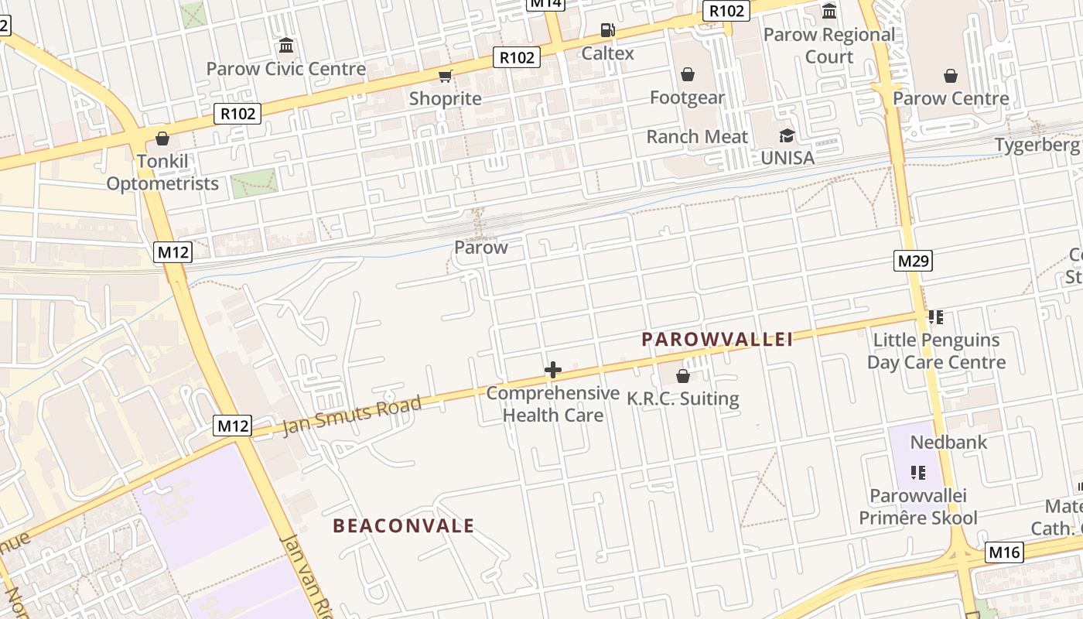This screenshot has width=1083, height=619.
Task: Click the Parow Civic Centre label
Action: [x=285, y=69]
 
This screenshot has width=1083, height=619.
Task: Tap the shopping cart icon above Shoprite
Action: [x=445, y=76]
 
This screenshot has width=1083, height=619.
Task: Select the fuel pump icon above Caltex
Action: [x=608, y=31]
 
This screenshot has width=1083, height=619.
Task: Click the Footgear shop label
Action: [x=687, y=97]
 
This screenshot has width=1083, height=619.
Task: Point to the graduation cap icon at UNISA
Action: [x=787, y=136]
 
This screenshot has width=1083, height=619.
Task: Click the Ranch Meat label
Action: [x=697, y=137]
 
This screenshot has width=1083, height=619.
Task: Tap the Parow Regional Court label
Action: [x=828, y=46]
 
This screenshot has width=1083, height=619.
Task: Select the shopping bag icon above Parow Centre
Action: [x=950, y=76]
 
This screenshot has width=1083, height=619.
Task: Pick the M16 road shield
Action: [x=1004, y=552]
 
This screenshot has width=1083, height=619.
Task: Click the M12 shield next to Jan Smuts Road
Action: [x=233, y=426]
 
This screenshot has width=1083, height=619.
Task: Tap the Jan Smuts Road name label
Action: [x=352, y=416]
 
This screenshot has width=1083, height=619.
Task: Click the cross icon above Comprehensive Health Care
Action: [x=552, y=370]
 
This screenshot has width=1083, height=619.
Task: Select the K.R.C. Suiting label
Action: [x=682, y=399]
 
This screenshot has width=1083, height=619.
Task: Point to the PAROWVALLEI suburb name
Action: [x=717, y=340]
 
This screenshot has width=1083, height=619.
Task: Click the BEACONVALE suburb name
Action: [x=403, y=526]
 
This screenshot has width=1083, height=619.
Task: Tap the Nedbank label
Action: [x=948, y=443]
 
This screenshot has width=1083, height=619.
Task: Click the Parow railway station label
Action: [x=480, y=248]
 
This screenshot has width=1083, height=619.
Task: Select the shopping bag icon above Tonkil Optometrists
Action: [x=162, y=139]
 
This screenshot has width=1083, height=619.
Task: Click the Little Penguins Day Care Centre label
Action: [x=936, y=351]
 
